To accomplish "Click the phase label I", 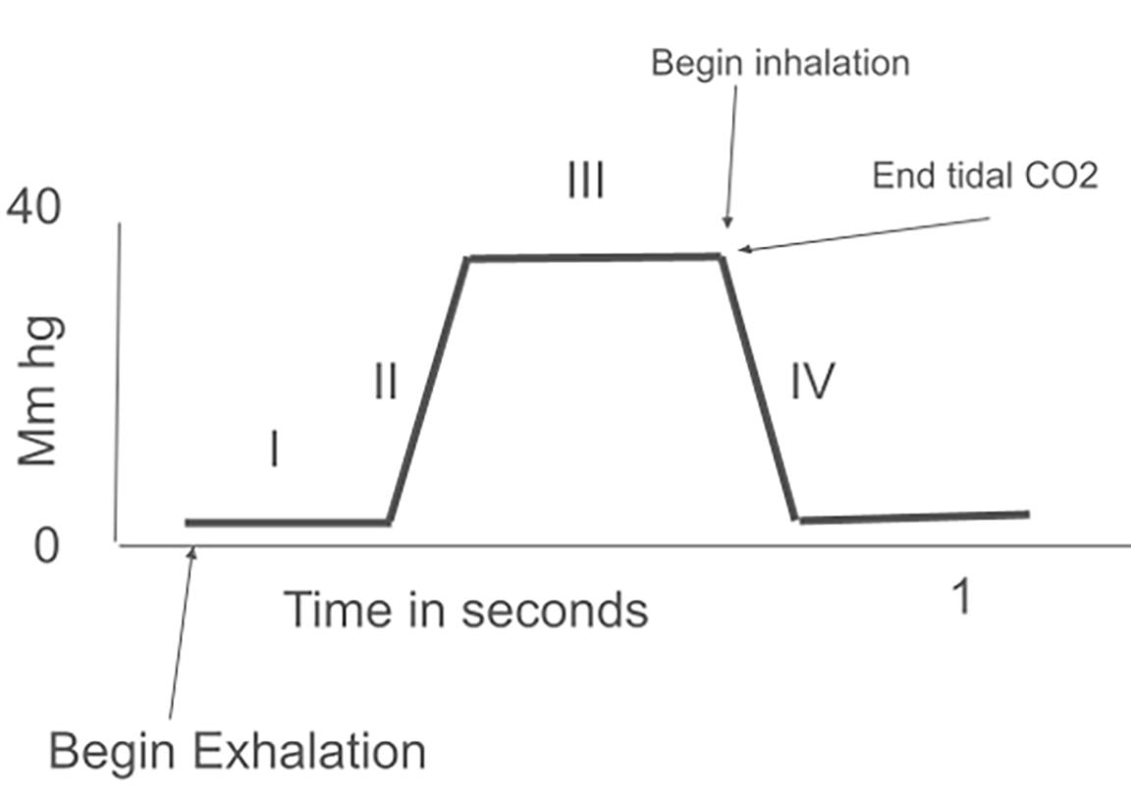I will [275, 452].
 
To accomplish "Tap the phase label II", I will [386, 381].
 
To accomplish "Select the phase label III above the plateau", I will [585, 182].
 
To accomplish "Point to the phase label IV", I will [812, 381].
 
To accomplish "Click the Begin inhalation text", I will [781, 63].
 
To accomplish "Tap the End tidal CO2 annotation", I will [985, 176].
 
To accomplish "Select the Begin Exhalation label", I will [238, 753].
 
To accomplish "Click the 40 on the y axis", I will [33, 207].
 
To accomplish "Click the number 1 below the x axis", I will [963, 597].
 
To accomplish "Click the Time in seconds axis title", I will [465, 610].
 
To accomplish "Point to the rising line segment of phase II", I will [429, 390].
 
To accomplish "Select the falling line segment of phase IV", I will [760, 390].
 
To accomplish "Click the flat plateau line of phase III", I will [594, 257].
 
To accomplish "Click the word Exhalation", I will [309, 753].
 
